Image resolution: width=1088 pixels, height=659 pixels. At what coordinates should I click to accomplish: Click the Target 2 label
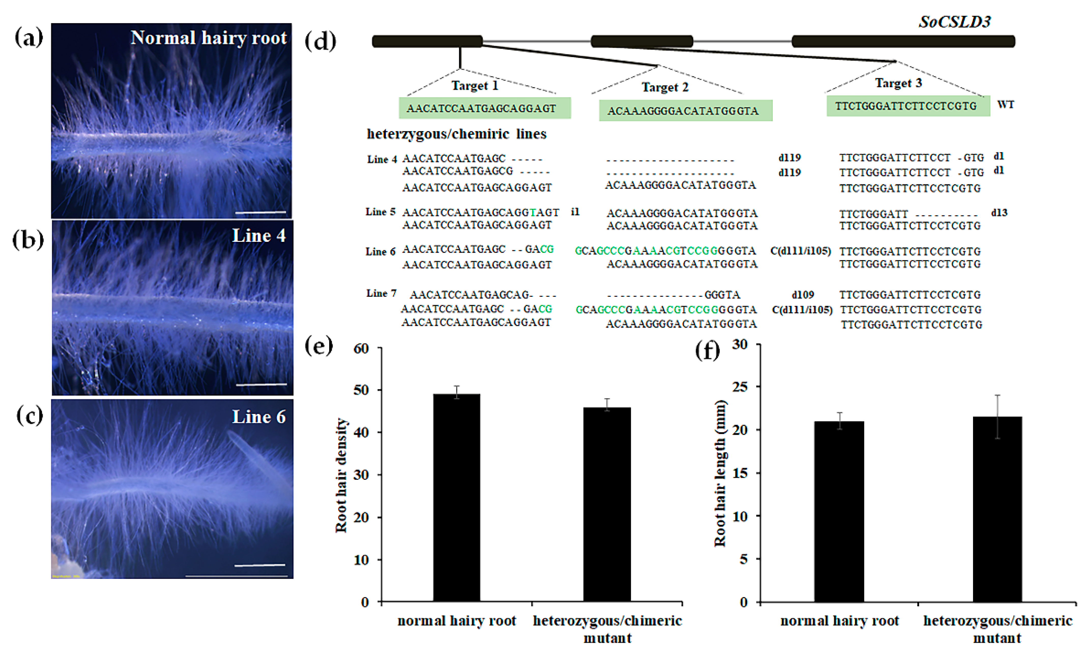pos(665,87)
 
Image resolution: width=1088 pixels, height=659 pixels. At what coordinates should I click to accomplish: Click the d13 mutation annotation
pos(999,213)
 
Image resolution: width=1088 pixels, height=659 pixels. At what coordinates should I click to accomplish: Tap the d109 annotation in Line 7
pos(803,295)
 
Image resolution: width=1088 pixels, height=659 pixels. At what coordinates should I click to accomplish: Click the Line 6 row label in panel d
pos(380,251)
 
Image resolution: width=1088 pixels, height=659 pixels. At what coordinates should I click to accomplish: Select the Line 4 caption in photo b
pos(259,236)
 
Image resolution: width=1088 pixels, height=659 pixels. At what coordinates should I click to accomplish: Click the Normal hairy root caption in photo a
pos(208,38)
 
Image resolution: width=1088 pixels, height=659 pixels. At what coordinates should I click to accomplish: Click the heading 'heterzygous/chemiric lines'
pos(457,134)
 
